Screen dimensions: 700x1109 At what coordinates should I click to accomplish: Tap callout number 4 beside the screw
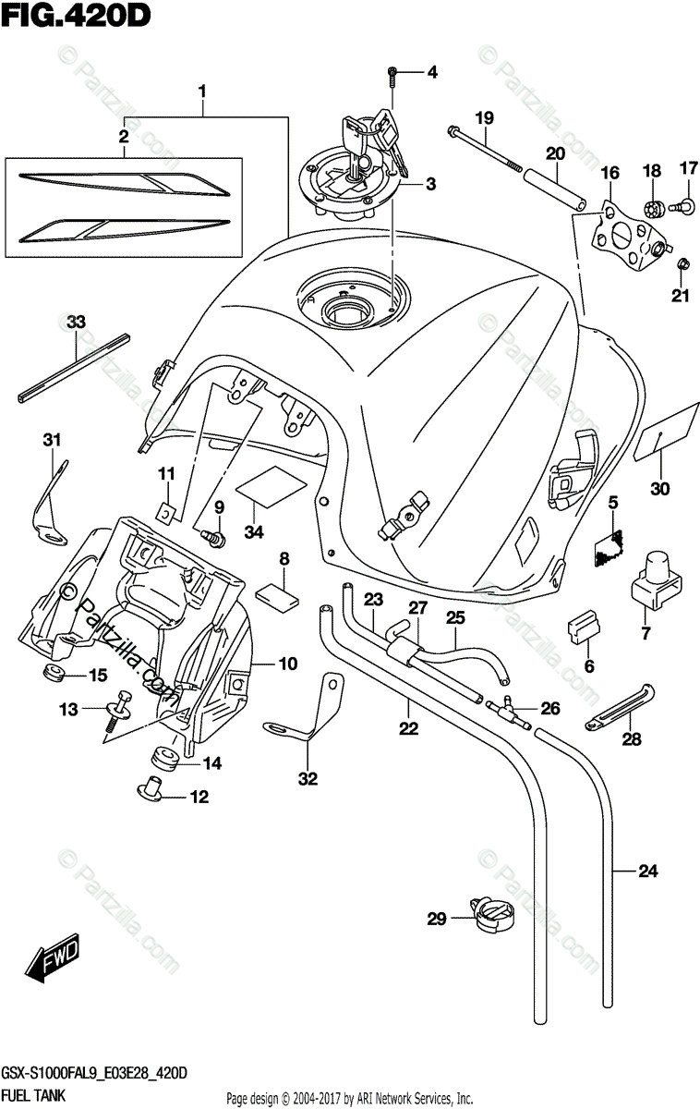tap(432, 72)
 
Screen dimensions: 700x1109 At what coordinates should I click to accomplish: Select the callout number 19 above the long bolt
tap(484, 118)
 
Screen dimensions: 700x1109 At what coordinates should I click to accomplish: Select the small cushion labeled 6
tap(584, 627)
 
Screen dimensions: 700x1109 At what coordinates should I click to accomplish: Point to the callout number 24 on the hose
tap(647, 871)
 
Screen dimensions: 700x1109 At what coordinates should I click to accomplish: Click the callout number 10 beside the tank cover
tap(288, 663)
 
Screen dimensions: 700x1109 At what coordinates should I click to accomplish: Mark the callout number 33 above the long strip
tap(76, 323)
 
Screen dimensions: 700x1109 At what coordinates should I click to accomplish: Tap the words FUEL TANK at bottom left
tap(34, 1096)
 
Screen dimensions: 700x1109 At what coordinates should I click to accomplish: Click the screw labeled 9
tap(213, 537)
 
